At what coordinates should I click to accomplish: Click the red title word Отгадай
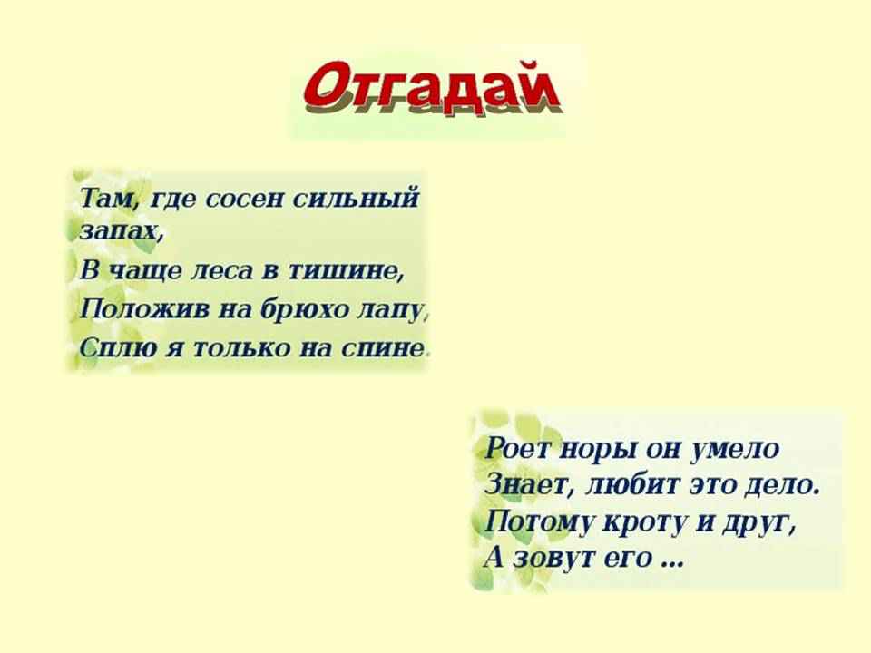click(432, 89)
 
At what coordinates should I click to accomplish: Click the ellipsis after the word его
click(671, 563)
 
